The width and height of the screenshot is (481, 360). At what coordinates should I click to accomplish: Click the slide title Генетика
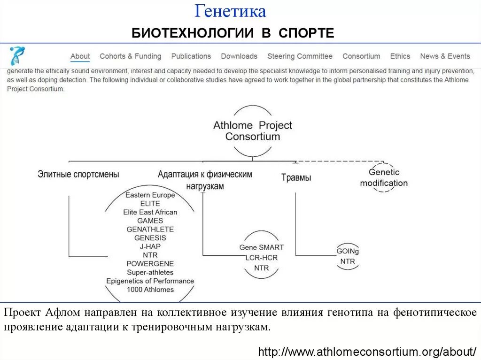point(231,11)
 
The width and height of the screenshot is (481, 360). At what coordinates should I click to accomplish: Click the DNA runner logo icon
point(17,56)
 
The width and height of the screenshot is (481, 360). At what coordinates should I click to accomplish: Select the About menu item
point(80,56)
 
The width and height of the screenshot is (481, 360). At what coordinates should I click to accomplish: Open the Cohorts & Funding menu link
point(130,56)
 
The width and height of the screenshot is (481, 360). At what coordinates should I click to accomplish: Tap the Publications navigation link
point(191,56)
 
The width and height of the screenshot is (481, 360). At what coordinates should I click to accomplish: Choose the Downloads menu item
point(239,56)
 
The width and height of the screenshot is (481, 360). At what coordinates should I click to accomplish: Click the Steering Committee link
point(300,56)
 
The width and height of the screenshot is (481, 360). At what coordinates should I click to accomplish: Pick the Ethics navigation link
point(400,56)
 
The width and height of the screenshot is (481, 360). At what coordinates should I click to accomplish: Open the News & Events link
point(445,56)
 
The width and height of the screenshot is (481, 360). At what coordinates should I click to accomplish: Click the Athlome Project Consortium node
point(253,131)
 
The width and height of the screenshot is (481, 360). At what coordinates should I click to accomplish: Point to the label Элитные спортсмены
point(78,174)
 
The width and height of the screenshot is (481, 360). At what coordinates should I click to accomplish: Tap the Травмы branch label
point(296,177)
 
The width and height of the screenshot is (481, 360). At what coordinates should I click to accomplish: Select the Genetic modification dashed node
point(384,178)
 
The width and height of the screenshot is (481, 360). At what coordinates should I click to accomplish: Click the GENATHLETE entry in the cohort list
point(150,229)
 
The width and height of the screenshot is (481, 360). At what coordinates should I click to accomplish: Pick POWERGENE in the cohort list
point(150,263)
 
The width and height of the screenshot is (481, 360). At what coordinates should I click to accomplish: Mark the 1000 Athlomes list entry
point(150,290)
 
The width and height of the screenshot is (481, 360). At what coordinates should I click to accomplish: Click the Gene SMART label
point(262,247)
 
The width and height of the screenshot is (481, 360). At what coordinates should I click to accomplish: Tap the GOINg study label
point(348,251)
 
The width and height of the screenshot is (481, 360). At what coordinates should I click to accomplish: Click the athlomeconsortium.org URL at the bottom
point(368,351)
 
